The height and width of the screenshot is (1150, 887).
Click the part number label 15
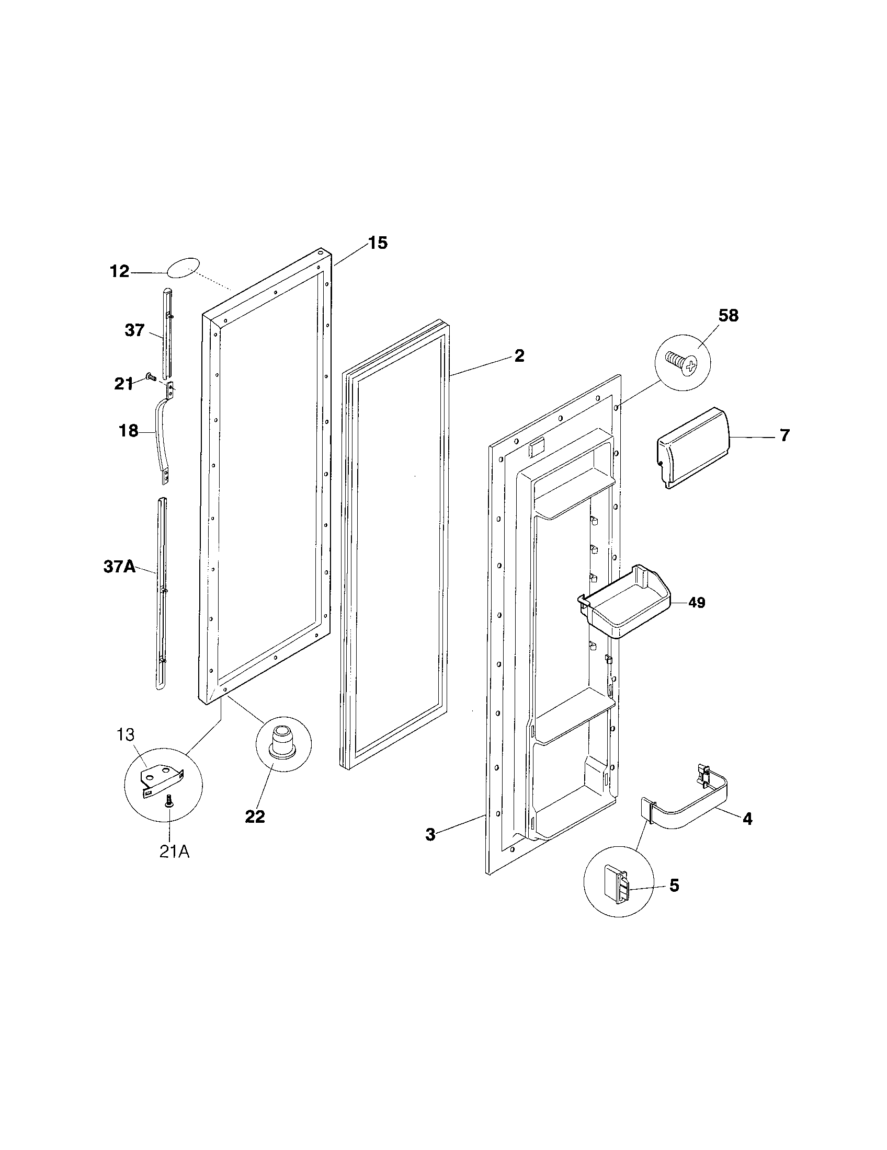pos(377,243)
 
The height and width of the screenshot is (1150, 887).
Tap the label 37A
pos(119,568)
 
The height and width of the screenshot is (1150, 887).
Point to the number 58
pos(728,315)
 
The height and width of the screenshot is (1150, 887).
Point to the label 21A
pos(174,852)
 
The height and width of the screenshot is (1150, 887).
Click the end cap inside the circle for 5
pos(616,885)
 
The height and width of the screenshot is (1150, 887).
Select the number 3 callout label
pos(430,835)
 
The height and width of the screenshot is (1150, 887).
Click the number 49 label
pos(696,602)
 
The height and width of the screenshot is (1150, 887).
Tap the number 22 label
pos(255,816)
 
